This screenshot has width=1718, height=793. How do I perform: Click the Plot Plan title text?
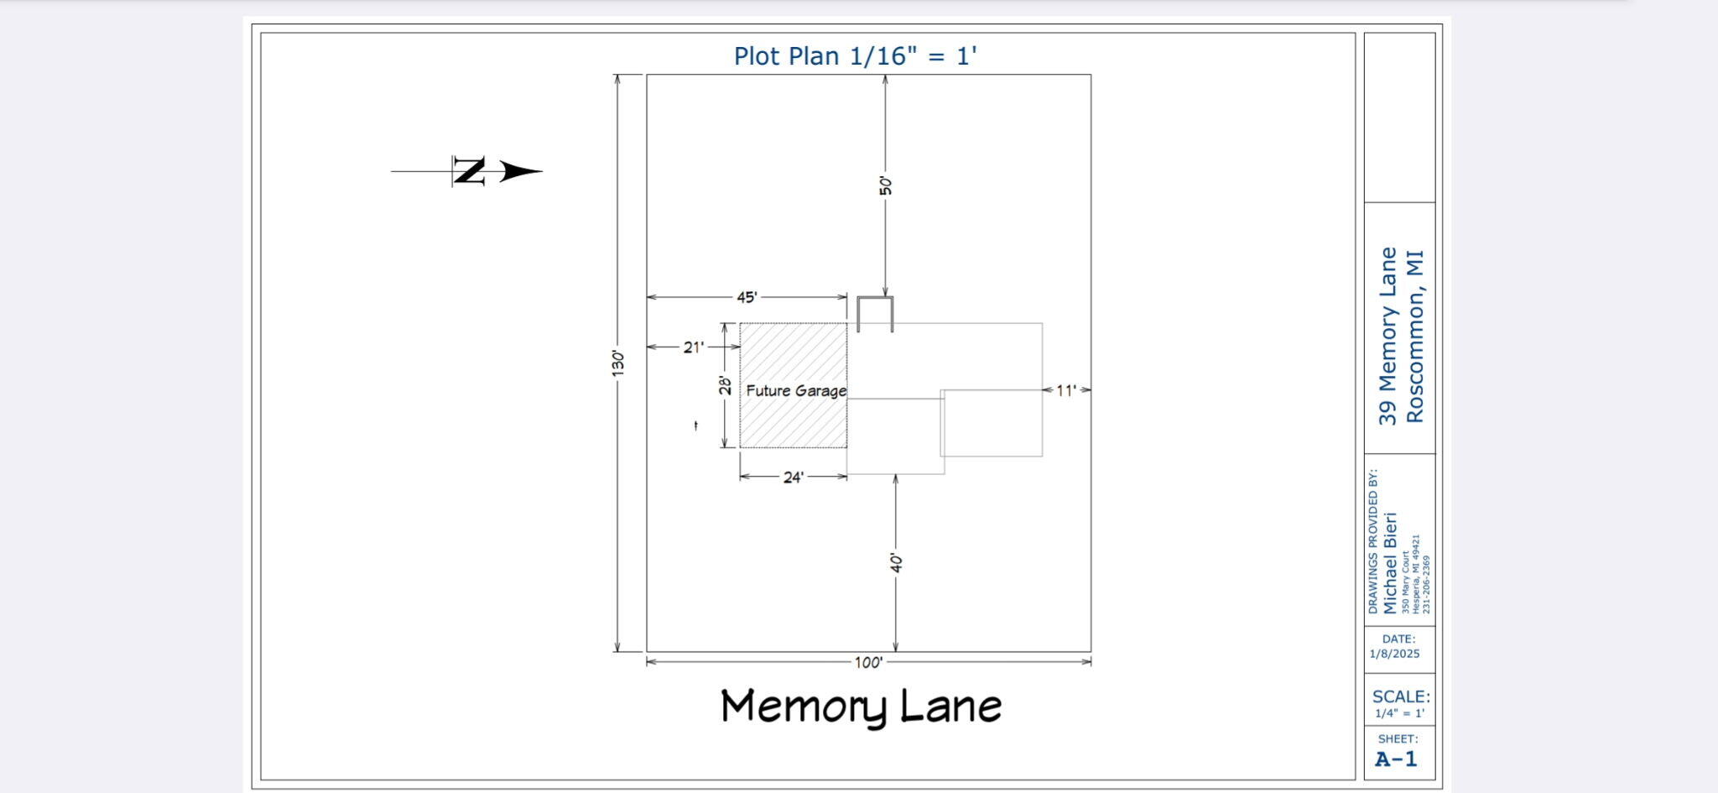pyautogui.click(x=856, y=56)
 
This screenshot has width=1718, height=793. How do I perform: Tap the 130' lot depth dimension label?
pyautogui.click(x=618, y=363)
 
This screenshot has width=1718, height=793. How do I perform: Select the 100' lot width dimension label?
pyautogui.click(x=868, y=663)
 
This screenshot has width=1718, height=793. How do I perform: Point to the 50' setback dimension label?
pyautogui.click(x=886, y=185)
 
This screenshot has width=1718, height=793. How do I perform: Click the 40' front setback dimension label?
pyautogui.click(x=897, y=563)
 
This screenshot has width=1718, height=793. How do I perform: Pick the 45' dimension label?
pyautogui.click(x=747, y=297)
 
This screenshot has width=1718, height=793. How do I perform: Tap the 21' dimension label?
pyautogui.click(x=693, y=347)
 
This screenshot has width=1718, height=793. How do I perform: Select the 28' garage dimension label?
pyautogui.click(x=725, y=385)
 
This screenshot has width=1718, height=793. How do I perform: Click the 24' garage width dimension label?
pyautogui.click(x=794, y=477)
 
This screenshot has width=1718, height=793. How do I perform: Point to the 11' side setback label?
pyautogui.click(x=1066, y=390)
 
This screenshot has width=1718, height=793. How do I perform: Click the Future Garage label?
pyautogui.click(x=796, y=391)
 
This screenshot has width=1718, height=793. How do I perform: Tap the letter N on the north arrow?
pyautogui.click(x=470, y=171)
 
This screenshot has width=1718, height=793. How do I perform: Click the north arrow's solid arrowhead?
pyautogui.click(x=521, y=172)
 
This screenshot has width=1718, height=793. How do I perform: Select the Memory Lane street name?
pyautogui.click(x=862, y=707)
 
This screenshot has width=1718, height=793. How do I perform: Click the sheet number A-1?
pyautogui.click(x=1397, y=759)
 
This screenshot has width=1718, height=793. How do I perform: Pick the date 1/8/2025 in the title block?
pyautogui.click(x=1395, y=654)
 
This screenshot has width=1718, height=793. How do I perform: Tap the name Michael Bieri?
pyautogui.click(x=1390, y=563)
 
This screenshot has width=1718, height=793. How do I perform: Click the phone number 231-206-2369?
pyautogui.click(x=1426, y=584)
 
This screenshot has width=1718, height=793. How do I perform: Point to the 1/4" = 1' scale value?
pyautogui.click(x=1399, y=713)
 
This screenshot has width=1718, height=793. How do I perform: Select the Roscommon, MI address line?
pyautogui.click(x=1415, y=336)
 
